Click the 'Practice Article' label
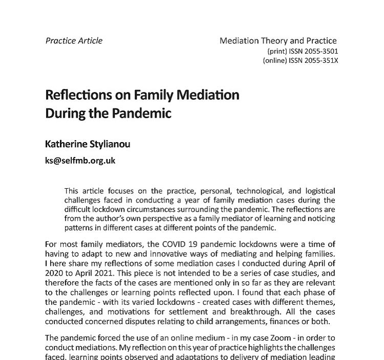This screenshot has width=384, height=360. (74, 41)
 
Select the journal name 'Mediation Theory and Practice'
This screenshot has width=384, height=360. (279, 41)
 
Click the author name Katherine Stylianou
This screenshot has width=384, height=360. (88, 144)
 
